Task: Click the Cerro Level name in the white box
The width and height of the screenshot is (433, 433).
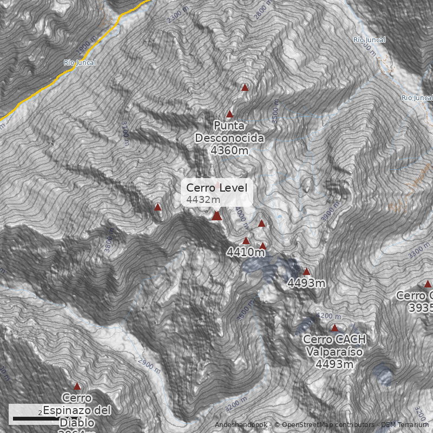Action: pos(216,188)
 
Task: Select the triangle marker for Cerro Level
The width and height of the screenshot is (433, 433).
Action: pos(216,216)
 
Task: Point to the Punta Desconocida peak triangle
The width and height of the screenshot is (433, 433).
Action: pos(229,114)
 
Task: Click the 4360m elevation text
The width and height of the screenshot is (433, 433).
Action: pos(229,150)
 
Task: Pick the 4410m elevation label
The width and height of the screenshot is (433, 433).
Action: pos(245,252)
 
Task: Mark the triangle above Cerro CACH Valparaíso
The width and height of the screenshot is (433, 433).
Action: pos(334,328)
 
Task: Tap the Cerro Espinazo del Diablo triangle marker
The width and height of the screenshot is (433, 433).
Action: pos(77,386)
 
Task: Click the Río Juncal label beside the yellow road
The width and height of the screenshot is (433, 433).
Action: pos(80,63)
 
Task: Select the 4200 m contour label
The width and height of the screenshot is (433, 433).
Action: pos(327,316)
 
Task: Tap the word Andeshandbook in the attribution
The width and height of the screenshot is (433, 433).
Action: pos(242,425)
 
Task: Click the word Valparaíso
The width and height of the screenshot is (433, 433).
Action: pos(334,352)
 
